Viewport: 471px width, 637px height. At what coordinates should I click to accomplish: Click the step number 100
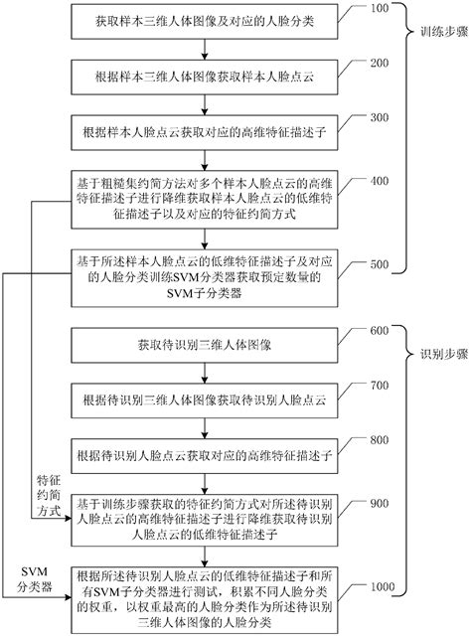point(380,10)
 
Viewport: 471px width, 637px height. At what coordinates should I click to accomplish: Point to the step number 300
point(380,117)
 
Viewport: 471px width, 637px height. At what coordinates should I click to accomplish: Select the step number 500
point(380,264)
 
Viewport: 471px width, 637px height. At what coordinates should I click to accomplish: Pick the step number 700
point(380,386)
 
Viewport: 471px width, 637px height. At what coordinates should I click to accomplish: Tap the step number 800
point(380,439)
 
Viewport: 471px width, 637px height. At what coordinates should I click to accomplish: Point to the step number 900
point(380,506)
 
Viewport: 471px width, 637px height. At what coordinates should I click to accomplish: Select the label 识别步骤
point(439,355)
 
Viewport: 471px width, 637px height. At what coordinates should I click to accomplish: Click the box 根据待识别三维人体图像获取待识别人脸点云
point(213,403)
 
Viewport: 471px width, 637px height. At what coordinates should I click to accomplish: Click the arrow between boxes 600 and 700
point(213,377)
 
